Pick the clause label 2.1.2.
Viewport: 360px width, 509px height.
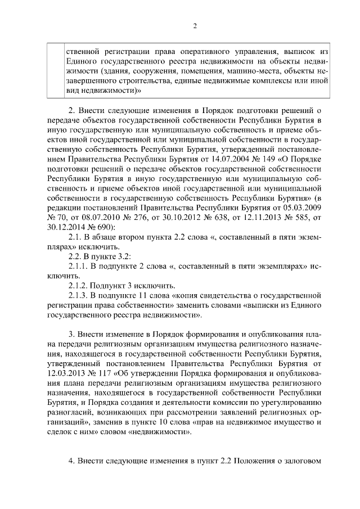pyautogui.click(x=78, y=285)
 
